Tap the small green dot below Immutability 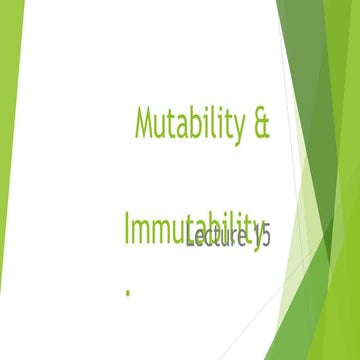(x=128, y=292)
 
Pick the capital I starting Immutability (x=128, y=227)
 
